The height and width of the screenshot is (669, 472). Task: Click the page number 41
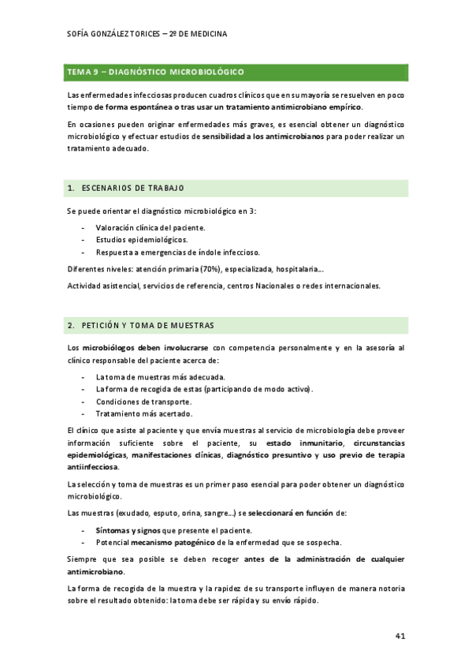[400, 635]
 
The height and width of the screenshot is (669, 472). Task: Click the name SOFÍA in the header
[81, 35]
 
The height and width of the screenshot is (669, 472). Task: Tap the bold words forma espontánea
[131, 107]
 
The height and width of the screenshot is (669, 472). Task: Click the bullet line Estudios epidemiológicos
[142, 239]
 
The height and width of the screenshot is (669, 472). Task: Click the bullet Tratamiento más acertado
[143, 413]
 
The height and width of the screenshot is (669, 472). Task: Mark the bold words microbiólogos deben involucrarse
[146, 346]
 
